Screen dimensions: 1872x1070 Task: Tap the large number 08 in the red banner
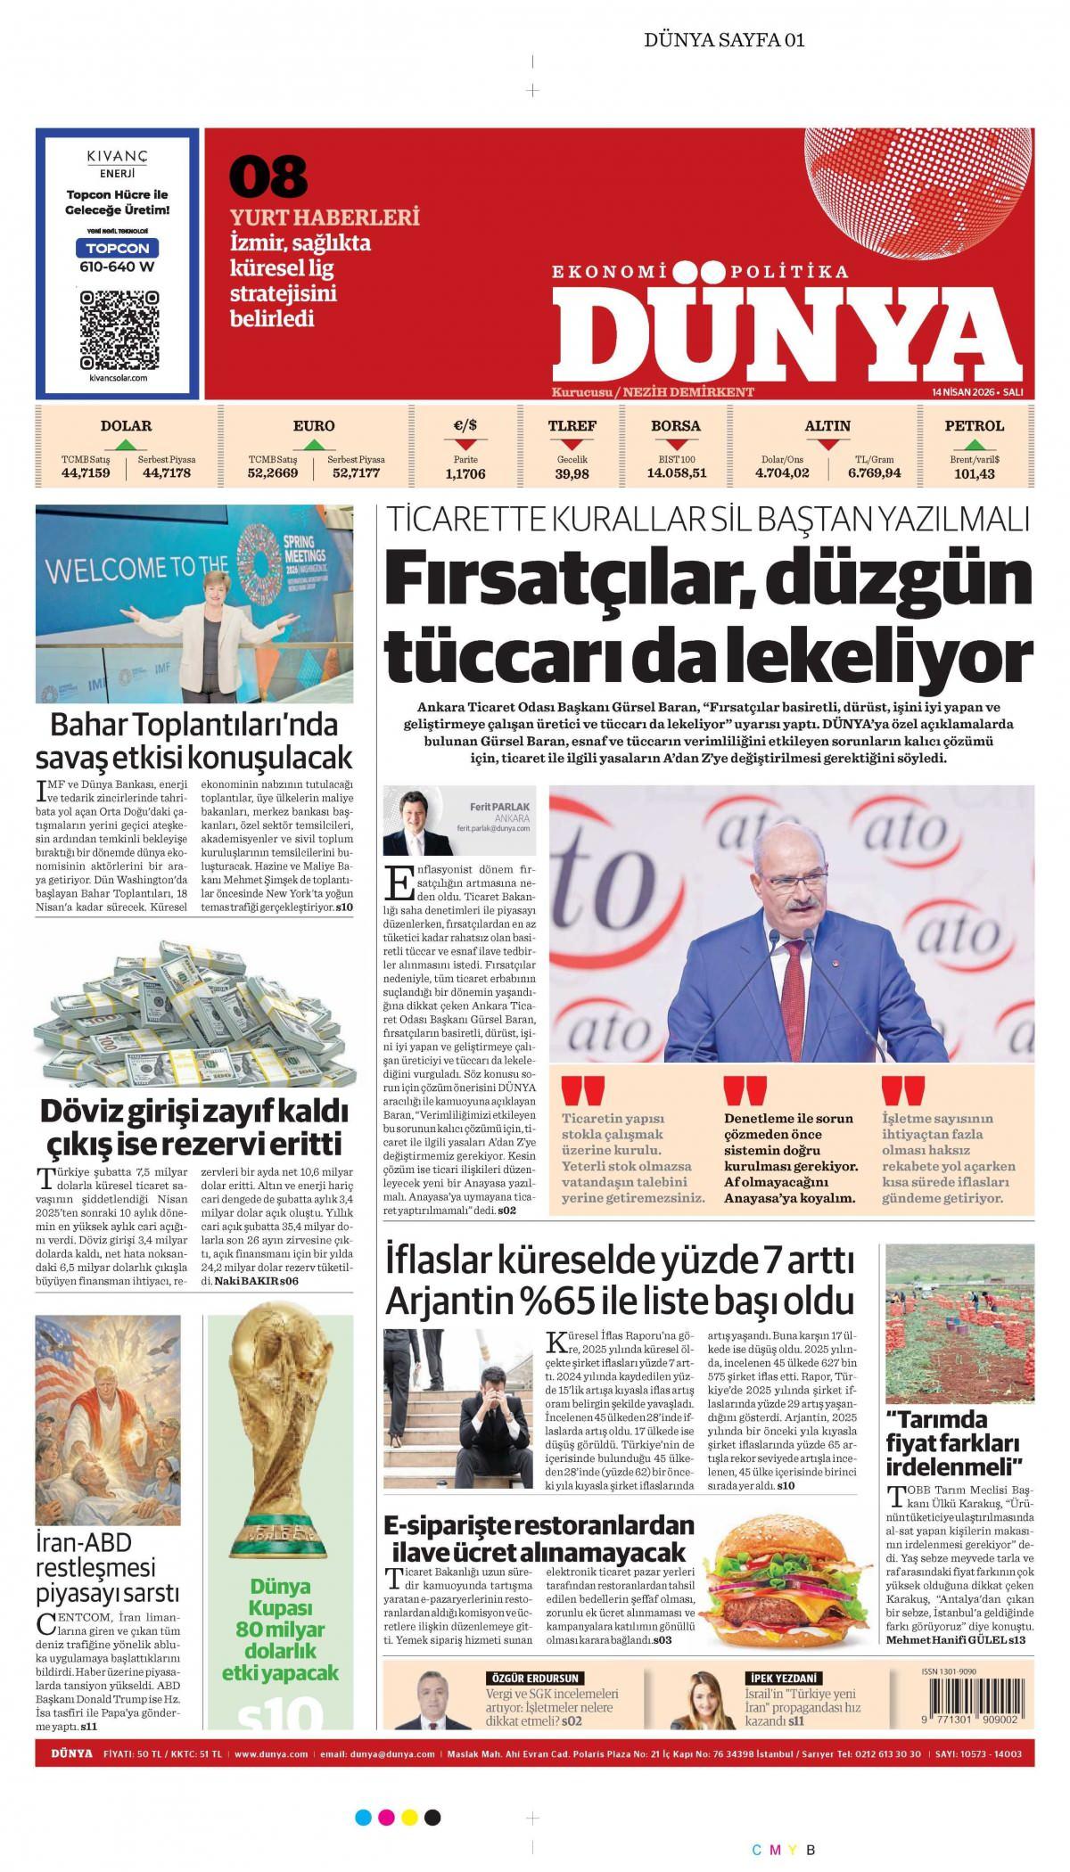pyautogui.click(x=268, y=177)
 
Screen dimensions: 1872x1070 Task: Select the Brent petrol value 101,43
pyautogui.click(x=974, y=474)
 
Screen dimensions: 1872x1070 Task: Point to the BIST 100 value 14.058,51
pyautogui.click(x=676, y=474)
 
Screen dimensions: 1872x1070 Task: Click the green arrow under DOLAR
pyautogui.click(x=126, y=443)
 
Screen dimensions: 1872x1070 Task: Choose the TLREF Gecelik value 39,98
pyautogui.click(x=572, y=474)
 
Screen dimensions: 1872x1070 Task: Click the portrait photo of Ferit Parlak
pyautogui.click(x=416, y=821)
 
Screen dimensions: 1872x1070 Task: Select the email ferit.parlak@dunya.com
pyautogui.click(x=493, y=828)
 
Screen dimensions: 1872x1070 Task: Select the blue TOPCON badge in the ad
pyautogui.click(x=118, y=247)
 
